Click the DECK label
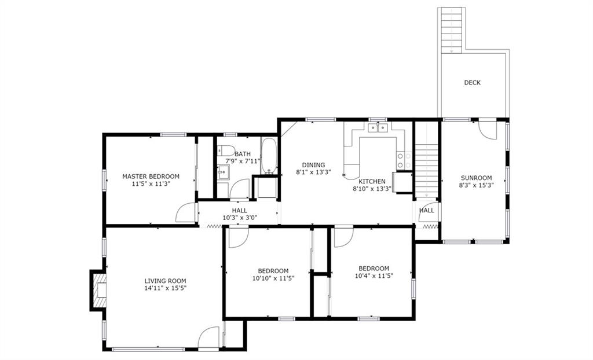pyautogui.click(x=473, y=82)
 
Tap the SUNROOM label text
pyautogui.click(x=476, y=178)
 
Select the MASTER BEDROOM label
pyautogui.click(x=151, y=176)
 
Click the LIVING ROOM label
pyautogui.click(x=165, y=281)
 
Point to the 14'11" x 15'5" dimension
pyautogui.click(x=165, y=288)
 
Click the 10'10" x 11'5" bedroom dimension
pyautogui.click(x=273, y=278)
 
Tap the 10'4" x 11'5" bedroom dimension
pyautogui.click(x=374, y=276)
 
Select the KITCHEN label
pyautogui.click(x=372, y=182)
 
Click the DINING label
pyautogui.click(x=313, y=165)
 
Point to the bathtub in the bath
pyautogui.click(x=269, y=156)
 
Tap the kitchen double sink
pyautogui.click(x=378, y=128)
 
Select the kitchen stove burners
pyautogui.click(x=404, y=160)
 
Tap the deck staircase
pyautogui.click(x=452, y=30)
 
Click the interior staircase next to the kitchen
pyautogui.click(x=426, y=171)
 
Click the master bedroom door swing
pyautogui.click(x=185, y=213)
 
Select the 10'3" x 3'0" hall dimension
pyautogui.click(x=240, y=218)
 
